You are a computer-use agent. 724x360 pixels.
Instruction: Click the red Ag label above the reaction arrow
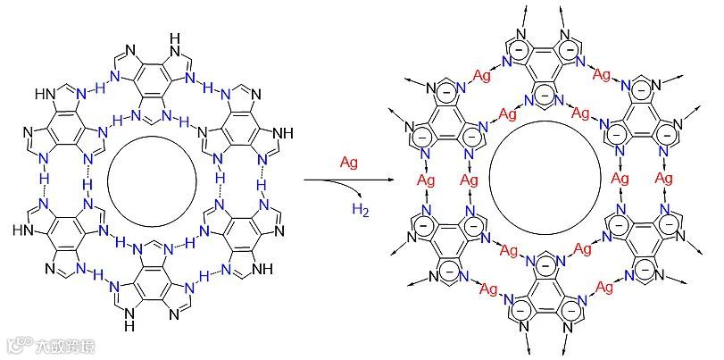pyautogui.click(x=349, y=163)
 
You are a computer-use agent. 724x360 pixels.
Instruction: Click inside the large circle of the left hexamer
pyautogui.click(x=151, y=180)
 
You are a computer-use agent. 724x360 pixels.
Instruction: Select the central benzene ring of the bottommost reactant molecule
pyautogui.click(x=151, y=284)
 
